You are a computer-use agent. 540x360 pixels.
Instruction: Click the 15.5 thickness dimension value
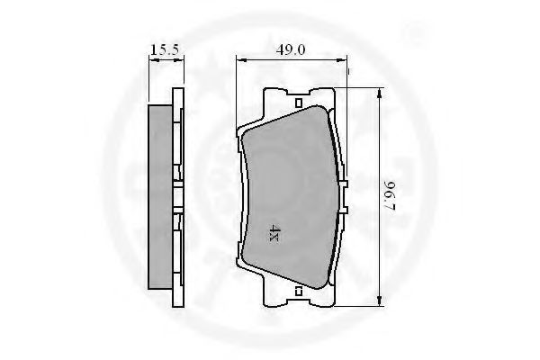pyautogui.click(x=163, y=51)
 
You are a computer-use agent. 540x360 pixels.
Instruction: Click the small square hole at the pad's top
pyautogui.click(x=297, y=102)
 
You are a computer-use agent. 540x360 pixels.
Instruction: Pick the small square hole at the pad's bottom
pyautogui.click(x=297, y=291)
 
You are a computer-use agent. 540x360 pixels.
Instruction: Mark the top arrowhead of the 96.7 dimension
pyautogui.click(x=381, y=92)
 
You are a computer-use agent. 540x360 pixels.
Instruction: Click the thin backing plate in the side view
pyautogui.click(x=176, y=195)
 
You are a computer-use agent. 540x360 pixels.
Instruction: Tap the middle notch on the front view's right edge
pyautogui.click(x=345, y=196)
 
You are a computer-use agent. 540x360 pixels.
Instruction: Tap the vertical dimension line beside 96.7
pyautogui.click(x=381, y=144)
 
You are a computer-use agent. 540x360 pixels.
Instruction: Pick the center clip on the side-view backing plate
pyautogui.click(x=180, y=195)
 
